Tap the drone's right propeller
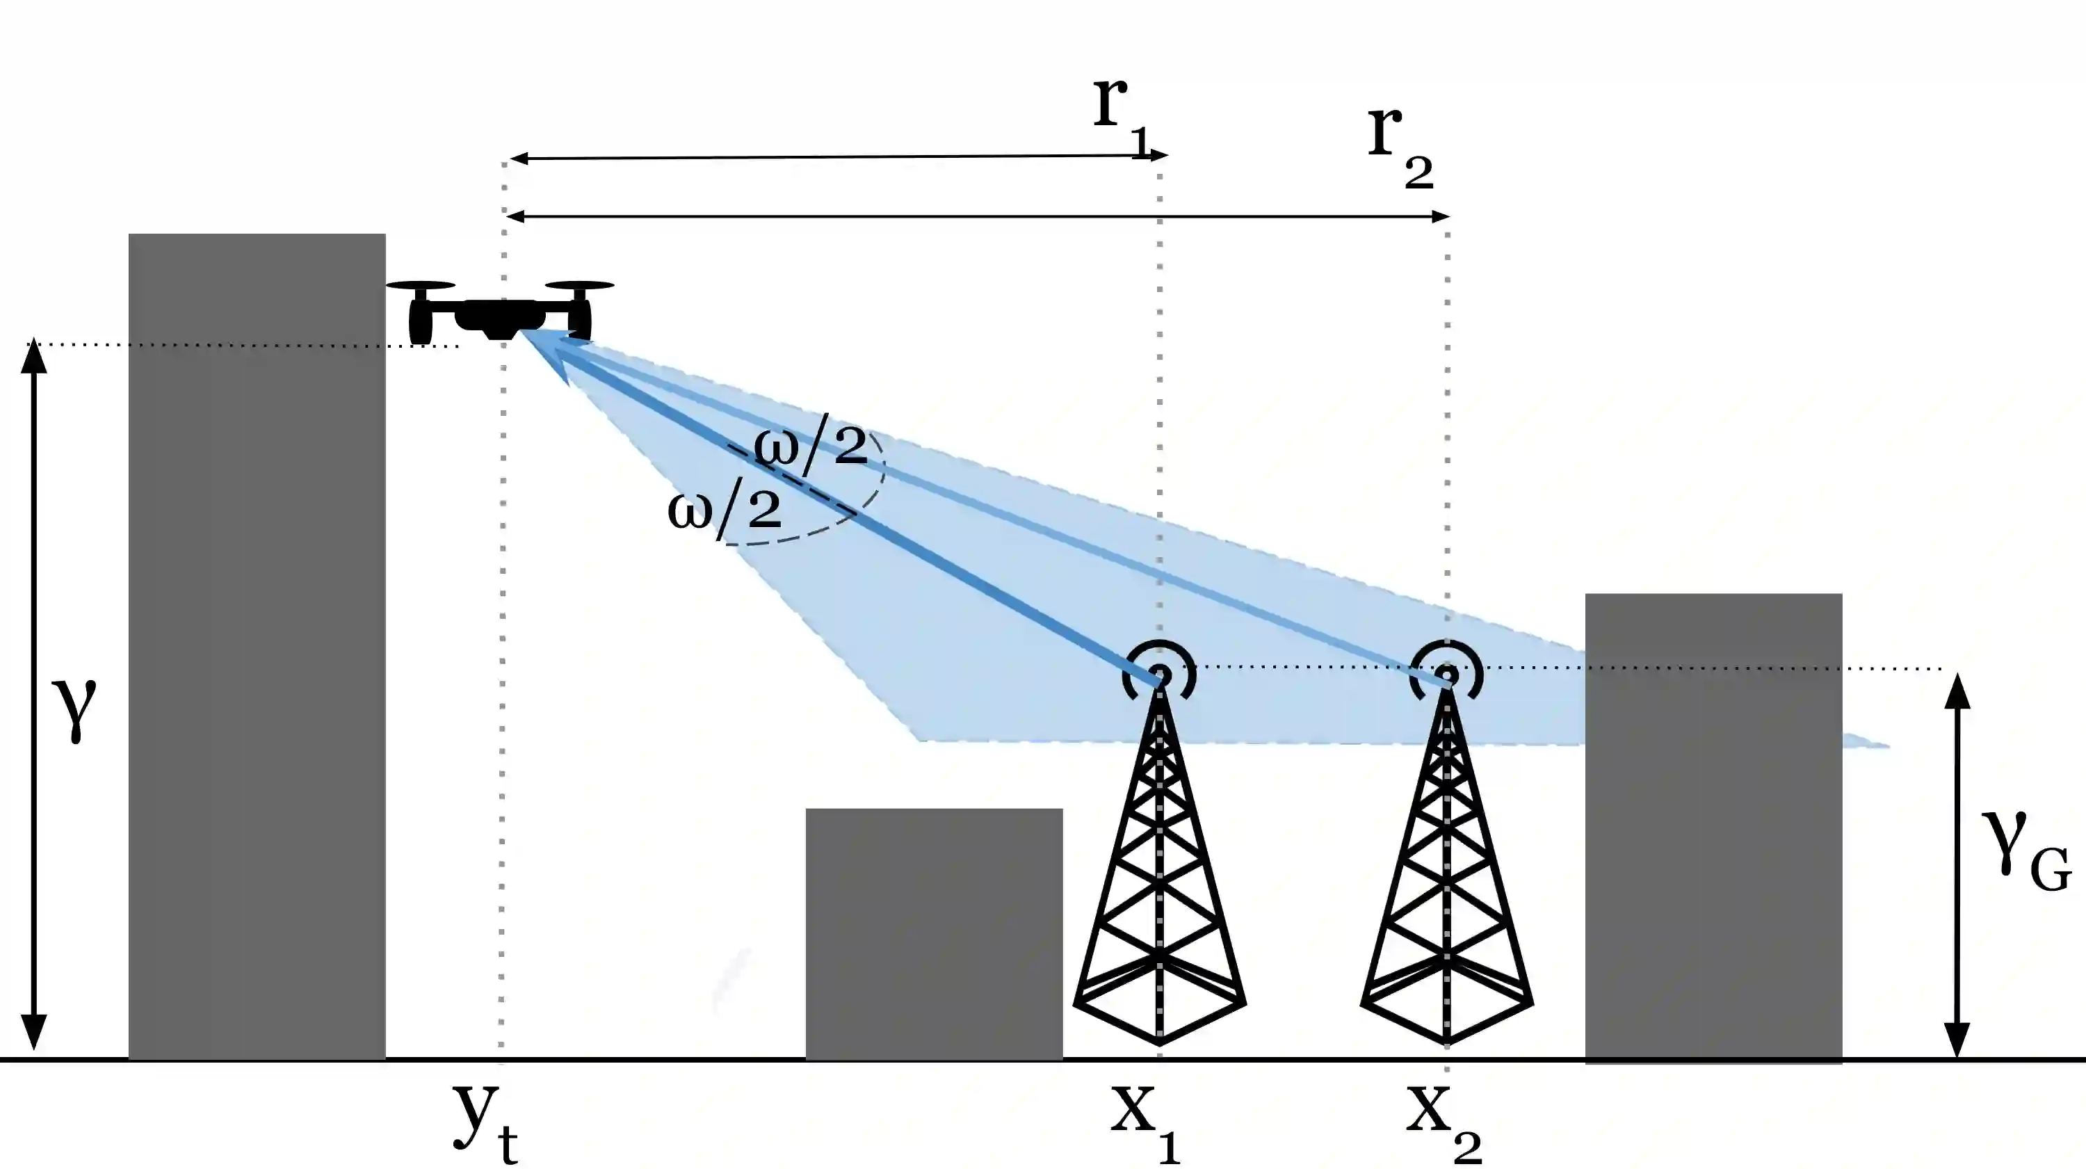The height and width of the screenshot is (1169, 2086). [x=580, y=286]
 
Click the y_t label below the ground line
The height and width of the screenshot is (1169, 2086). [x=484, y=1122]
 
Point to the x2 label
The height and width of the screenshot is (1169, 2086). [x=1442, y=1122]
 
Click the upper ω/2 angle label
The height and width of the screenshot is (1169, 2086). [x=810, y=446]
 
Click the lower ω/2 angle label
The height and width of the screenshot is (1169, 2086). [x=724, y=510]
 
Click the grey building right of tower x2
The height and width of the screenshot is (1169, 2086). [x=1713, y=826]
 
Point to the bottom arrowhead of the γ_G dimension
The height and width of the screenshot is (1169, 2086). [x=1957, y=1041]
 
